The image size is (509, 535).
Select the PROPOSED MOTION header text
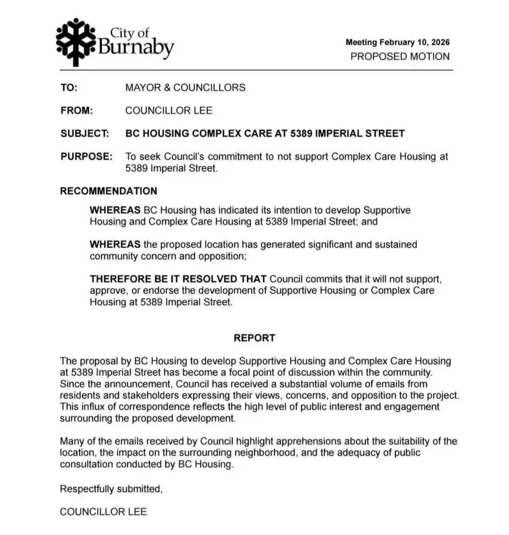pyautogui.click(x=400, y=57)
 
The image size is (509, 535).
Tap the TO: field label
pyautogui.click(x=69, y=88)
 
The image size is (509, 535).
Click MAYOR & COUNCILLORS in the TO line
pyautogui.click(x=185, y=88)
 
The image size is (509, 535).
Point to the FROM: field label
pyautogui.click(x=77, y=111)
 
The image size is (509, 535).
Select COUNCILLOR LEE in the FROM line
pyautogui.click(x=169, y=111)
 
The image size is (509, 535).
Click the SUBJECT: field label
pyautogui.click(x=85, y=134)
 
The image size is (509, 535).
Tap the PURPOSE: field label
pyautogui.click(x=86, y=156)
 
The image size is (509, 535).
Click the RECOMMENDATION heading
pyautogui.click(x=108, y=191)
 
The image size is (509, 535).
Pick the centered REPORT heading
pyautogui.click(x=254, y=338)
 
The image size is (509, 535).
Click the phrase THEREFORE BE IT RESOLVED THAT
pyautogui.click(x=178, y=279)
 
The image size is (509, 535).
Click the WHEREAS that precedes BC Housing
pyautogui.click(x=115, y=210)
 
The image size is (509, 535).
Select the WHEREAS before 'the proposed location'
pyautogui.click(x=115, y=245)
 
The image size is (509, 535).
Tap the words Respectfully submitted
pyautogui.click(x=111, y=489)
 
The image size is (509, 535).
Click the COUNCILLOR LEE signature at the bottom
pyautogui.click(x=103, y=511)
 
